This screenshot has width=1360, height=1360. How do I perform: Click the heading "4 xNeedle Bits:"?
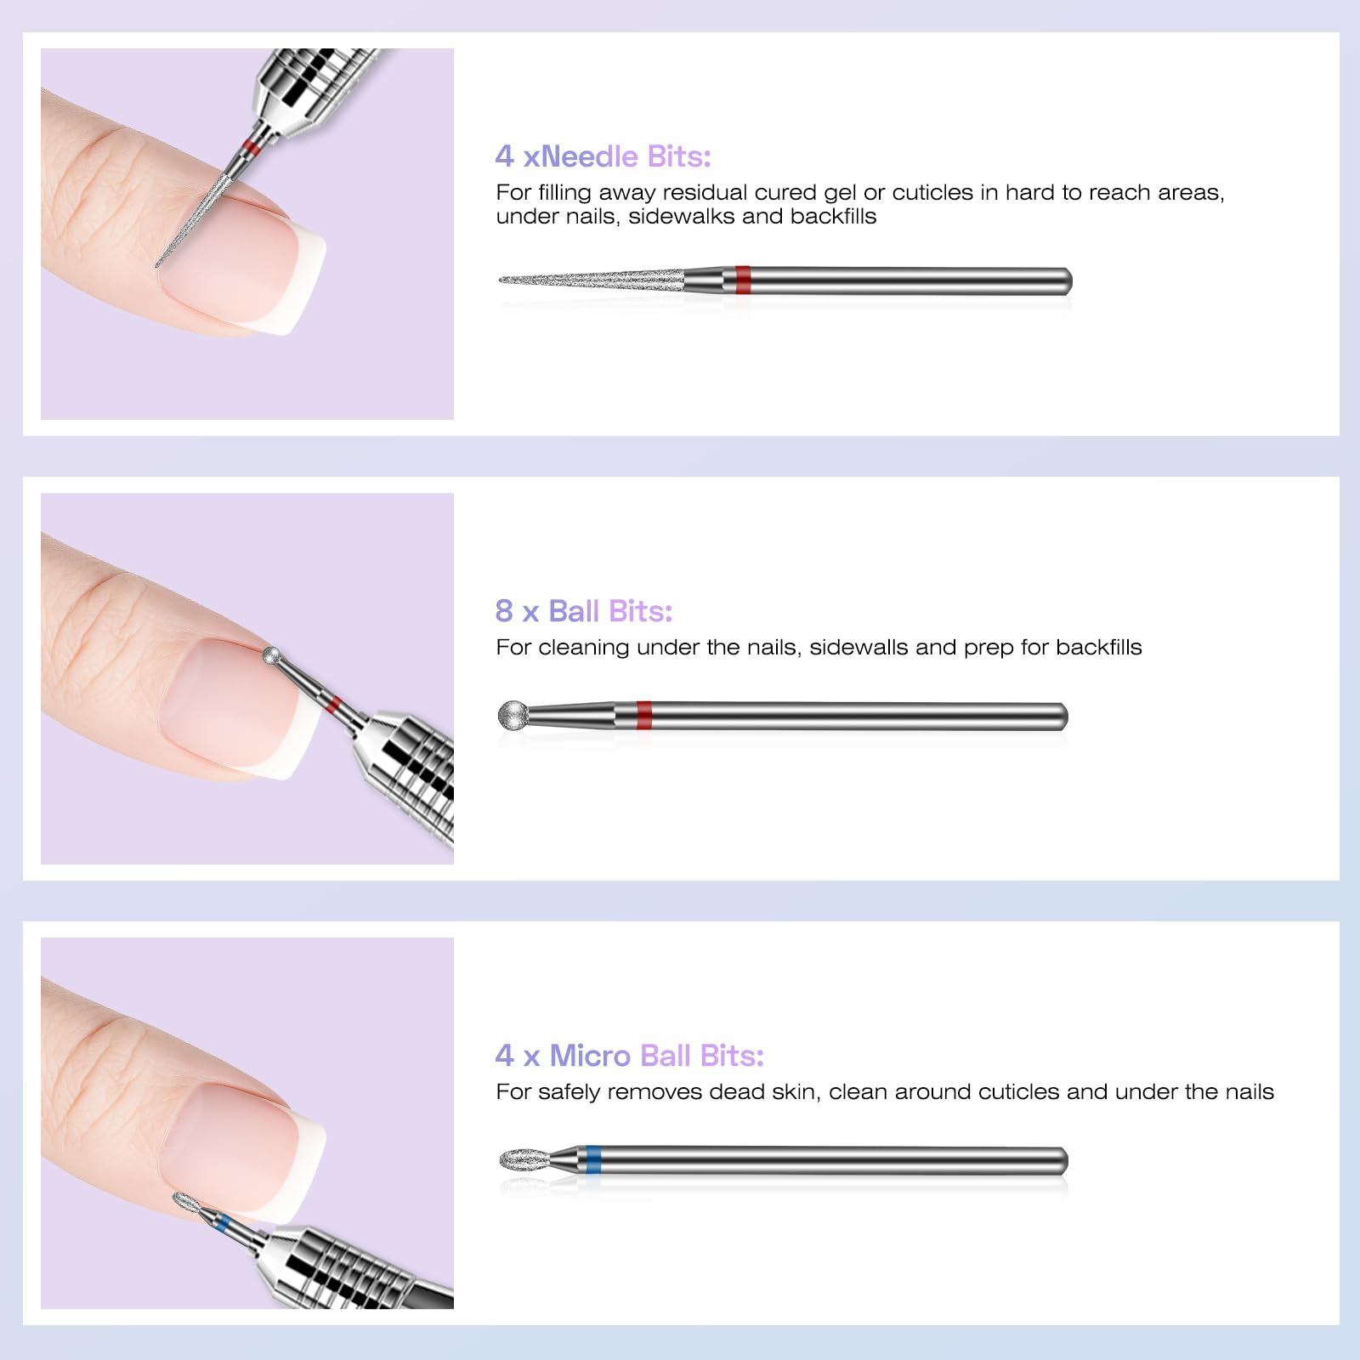pyautogui.click(x=603, y=156)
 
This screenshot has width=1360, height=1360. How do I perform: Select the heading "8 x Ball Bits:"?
pyautogui.click(x=584, y=611)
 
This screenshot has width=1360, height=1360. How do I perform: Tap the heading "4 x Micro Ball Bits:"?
pyautogui.click(x=630, y=1056)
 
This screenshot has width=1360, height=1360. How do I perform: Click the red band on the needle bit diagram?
pyautogui.click(x=743, y=280)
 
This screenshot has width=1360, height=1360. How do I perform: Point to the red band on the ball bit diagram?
pyautogui.click(x=644, y=716)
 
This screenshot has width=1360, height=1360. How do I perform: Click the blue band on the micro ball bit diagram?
pyautogui.click(x=593, y=1160)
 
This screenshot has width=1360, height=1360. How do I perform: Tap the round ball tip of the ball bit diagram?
pyautogui.click(x=513, y=715)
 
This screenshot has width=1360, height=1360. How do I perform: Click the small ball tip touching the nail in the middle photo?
pyautogui.click(x=272, y=655)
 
